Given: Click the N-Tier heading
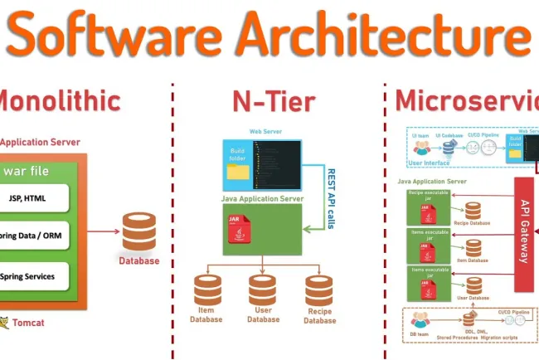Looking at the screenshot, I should pyautogui.click(x=273, y=101).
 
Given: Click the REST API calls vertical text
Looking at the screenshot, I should pyautogui.click(x=330, y=197).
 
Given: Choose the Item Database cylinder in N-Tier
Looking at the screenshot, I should pyautogui.click(x=208, y=289).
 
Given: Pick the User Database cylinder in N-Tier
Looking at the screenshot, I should pyautogui.click(x=264, y=289).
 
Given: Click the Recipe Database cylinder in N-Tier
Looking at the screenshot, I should pyautogui.click(x=319, y=289).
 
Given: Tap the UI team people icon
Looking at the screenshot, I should pyautogui.click(x=423, y=148).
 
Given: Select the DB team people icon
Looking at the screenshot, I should pyautogui.click(x=421, y=319).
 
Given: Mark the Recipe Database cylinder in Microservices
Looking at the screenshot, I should pyautogui.click(x=473, y=211).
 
